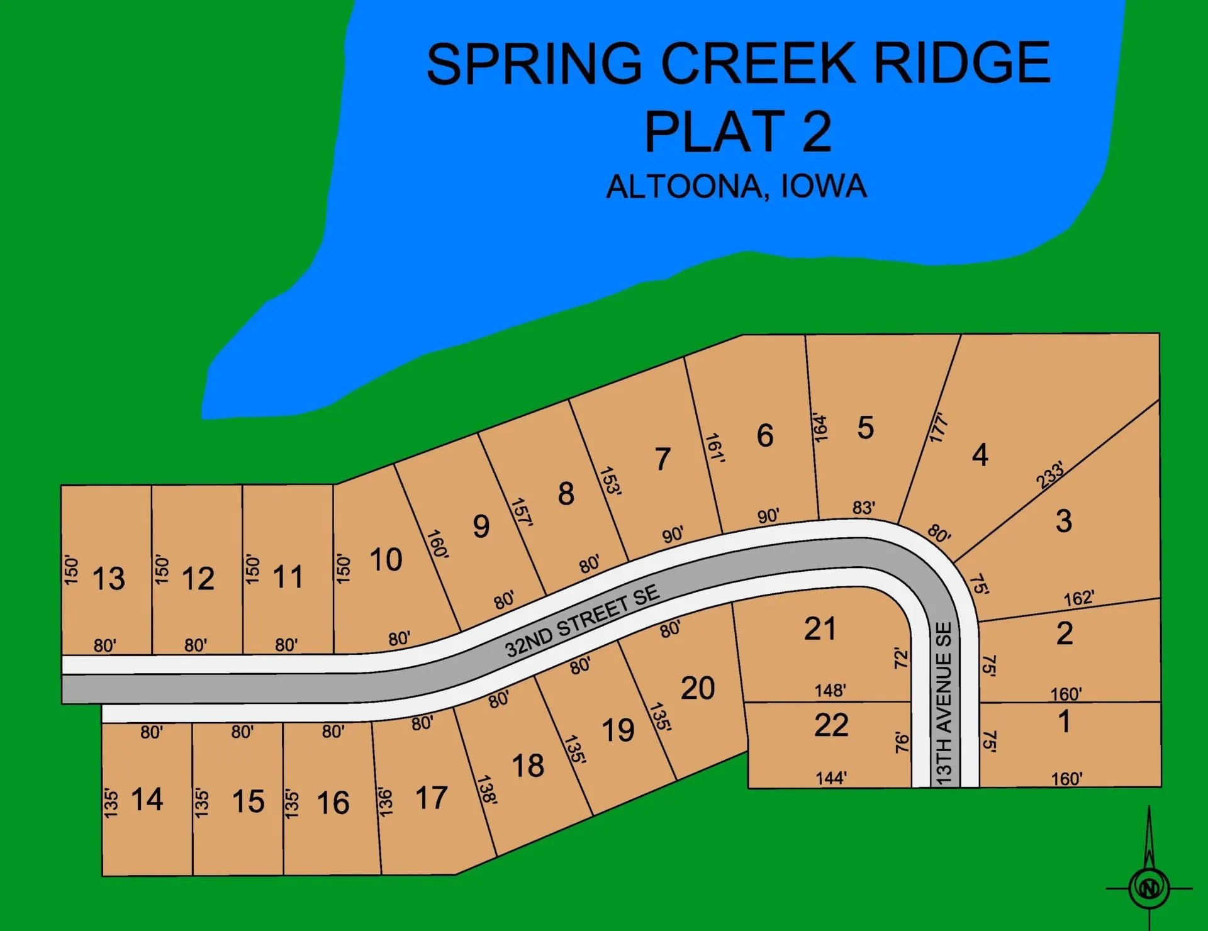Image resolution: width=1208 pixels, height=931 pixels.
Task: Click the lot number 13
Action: [x=109, y=578]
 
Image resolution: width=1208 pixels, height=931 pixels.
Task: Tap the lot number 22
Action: [x=831, y=725]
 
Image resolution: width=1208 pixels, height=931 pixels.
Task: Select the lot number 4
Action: [x=980, y=455]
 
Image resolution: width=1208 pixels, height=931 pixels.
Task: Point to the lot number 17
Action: [x=431, y=798]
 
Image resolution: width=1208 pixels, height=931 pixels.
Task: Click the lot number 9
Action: [x=481, y=526]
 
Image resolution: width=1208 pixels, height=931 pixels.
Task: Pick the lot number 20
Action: [x=698, y=688]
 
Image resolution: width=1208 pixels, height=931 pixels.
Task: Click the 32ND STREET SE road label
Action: [x=582, y=621]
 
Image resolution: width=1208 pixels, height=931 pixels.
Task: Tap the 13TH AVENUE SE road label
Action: [x=944, y=703]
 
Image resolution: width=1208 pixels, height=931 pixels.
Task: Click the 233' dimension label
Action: [x=1050, y=474]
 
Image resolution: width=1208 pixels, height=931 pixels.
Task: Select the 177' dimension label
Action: [x=938, y=428]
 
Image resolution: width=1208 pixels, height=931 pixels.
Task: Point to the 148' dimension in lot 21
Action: [x=830, y=690]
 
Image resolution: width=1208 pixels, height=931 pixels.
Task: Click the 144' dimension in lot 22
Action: [x=830, y=778]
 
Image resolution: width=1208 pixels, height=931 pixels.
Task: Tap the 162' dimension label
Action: [x=1078, y=598]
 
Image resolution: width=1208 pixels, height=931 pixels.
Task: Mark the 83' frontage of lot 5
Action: [x=863, y=508]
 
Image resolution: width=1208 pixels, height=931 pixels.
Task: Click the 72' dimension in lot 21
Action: [x=902, y=658]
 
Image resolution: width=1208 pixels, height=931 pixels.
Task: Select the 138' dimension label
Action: [x=487, y=789]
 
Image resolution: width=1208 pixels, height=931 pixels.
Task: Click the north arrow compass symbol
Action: [x=1149, y=887]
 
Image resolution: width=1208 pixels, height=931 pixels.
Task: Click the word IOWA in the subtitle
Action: [x=824, y=186]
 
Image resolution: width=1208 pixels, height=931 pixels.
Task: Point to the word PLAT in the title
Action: [x=714, y=131]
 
